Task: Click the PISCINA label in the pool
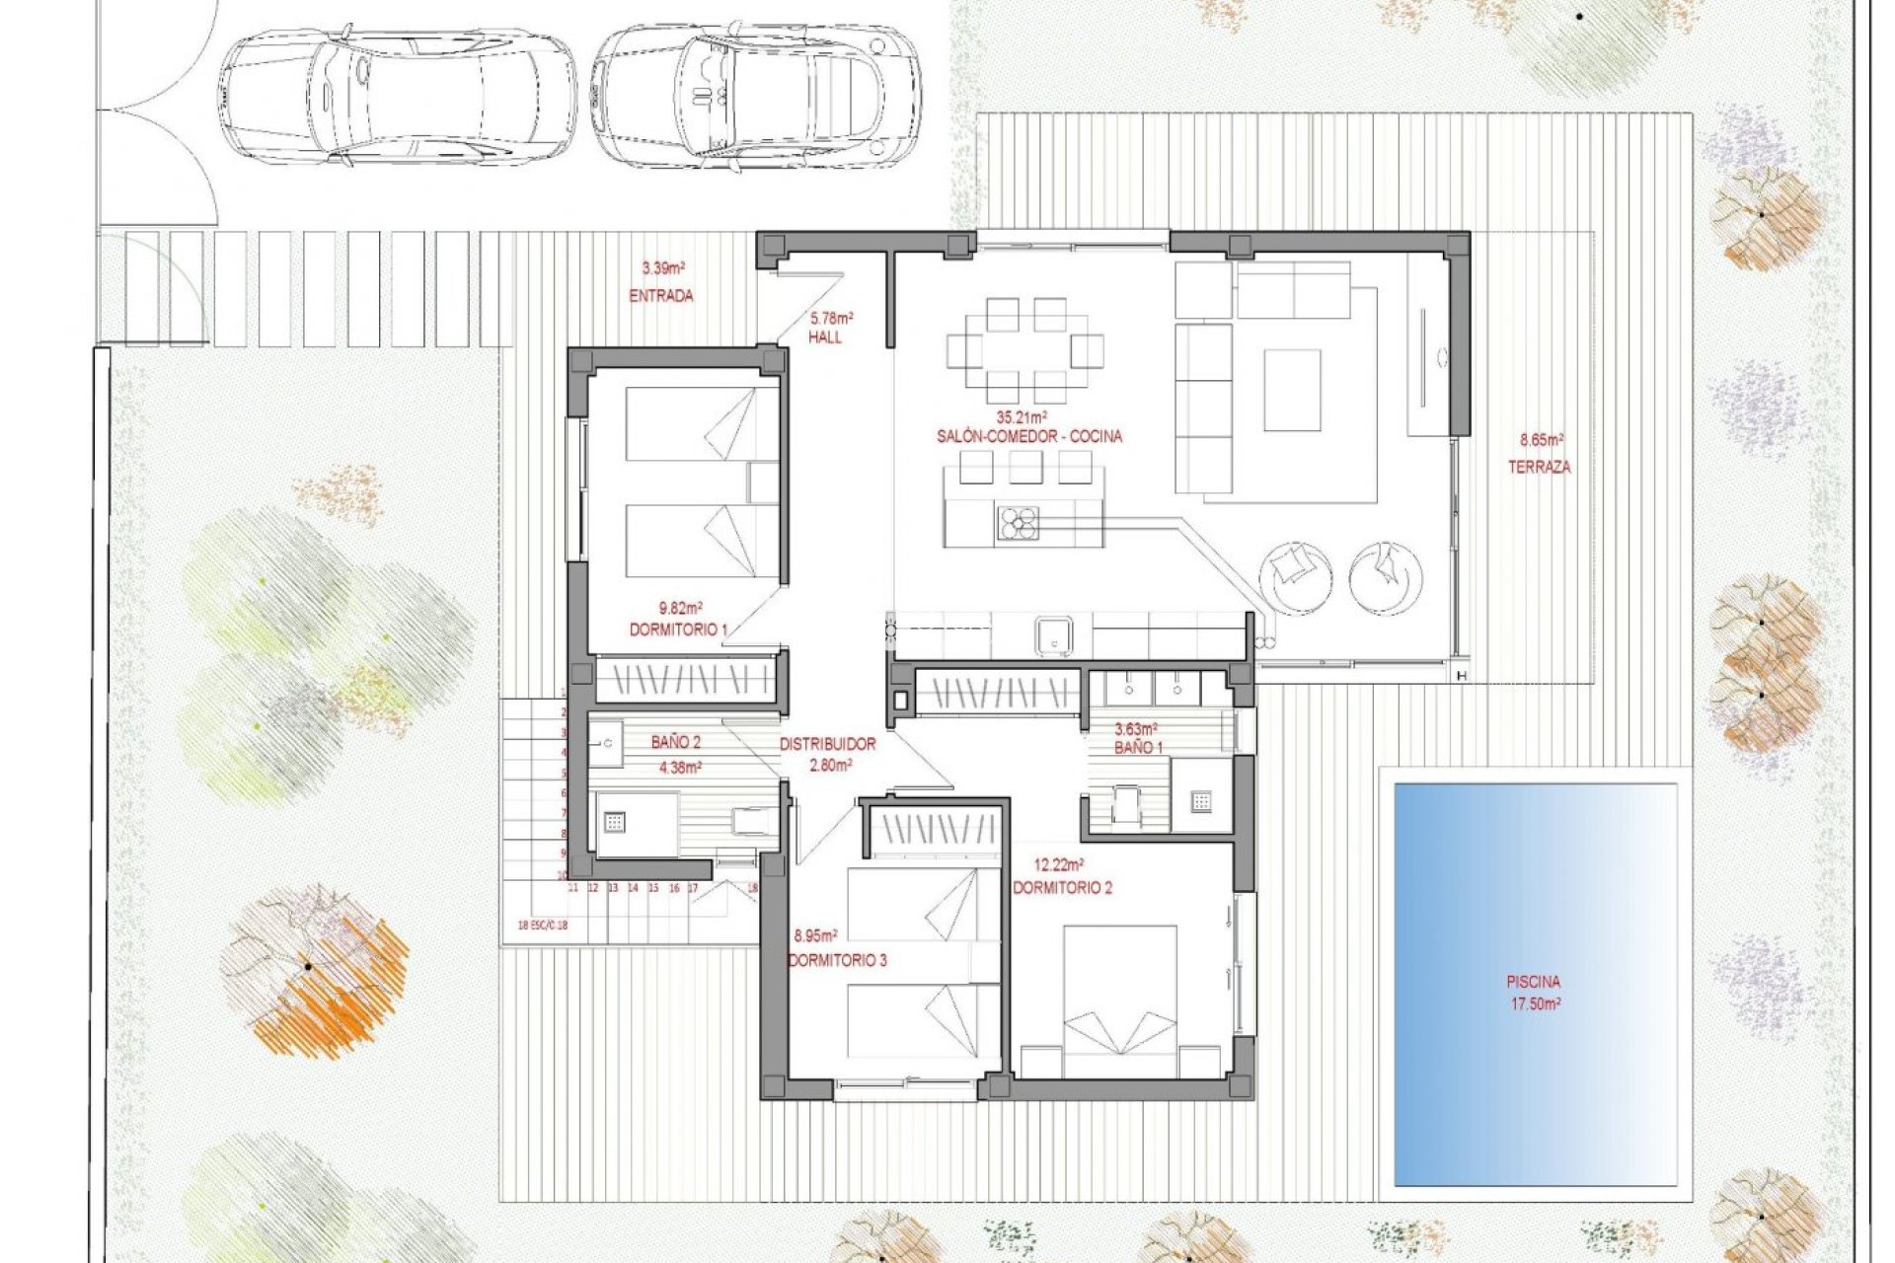(1533, 982)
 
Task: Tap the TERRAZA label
(1539, 467)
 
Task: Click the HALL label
(825, 337)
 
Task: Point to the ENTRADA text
(661, 295)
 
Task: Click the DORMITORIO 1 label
(678, 630)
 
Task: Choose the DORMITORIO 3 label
(837, 959)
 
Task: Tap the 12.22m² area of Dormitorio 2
(1062, 865)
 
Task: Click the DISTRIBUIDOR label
(827, 744)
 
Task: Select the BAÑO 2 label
(676, 742)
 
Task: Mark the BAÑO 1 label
(1138, 748)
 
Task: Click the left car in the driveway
(397, 94)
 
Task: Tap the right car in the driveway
(756, 94)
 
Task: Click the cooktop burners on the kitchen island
(1018, 523)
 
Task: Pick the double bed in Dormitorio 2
(1119, 999)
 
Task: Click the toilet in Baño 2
(751, 821)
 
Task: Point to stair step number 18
(752, 888)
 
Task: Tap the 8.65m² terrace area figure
(1541, 441)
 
